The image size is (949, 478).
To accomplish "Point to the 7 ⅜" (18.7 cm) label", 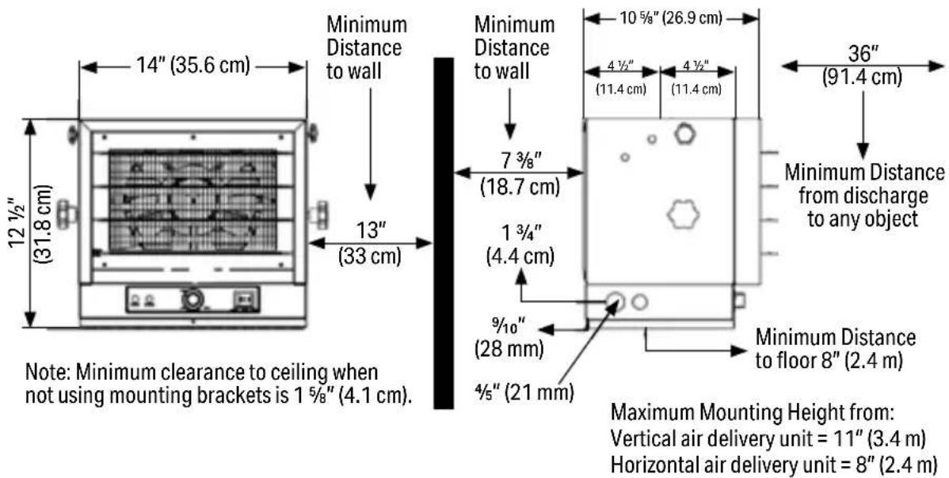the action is click(520, 173).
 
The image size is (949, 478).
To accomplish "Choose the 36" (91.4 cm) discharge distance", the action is click(863, 65).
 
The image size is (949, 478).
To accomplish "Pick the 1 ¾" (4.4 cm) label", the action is click(520, 244).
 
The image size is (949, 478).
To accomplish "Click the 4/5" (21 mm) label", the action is click(524, 393).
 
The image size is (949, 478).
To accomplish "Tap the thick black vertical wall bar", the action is click(444, 233).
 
